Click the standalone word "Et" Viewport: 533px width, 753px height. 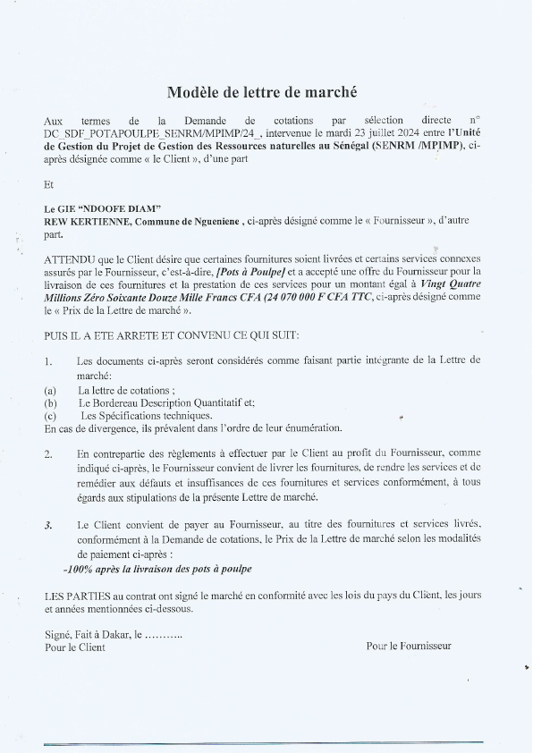(x=49, y=185)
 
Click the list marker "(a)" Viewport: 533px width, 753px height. (x=50, y=391)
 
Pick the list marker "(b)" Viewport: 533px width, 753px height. (x=50, y=403)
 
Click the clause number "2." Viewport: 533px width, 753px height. (x=48, y=454)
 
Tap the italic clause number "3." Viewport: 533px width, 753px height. (x=48, y=524)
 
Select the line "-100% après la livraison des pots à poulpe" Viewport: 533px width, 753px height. (x=157, y=569)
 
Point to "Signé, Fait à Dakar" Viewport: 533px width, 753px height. (x=87, y=634)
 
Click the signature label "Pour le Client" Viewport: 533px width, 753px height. (x=74, y=647)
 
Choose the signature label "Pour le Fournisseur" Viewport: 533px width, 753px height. (x=409, y=646)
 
